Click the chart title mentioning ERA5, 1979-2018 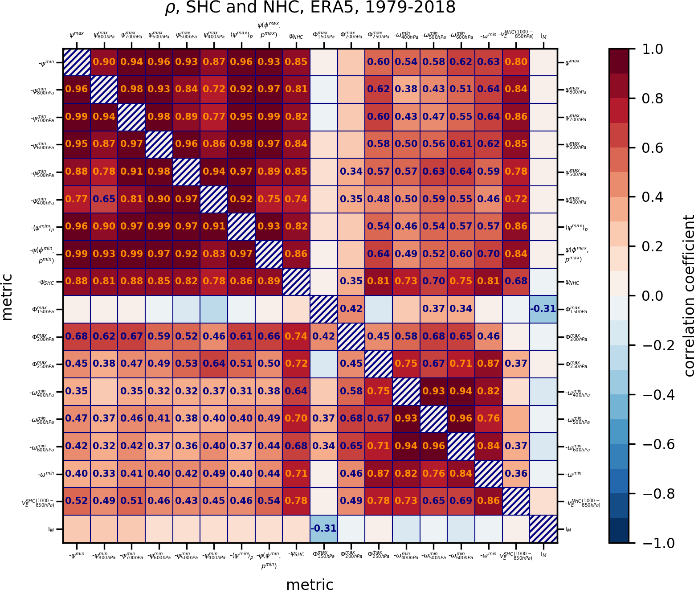click(x=310, y=8)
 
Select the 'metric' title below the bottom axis click(x=310, y=584)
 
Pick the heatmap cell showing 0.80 click(x=516, y=62)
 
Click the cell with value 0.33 click(x=104, y=473)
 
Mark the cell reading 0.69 click(x=461, y=500)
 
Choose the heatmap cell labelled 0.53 click(x=187, y=364)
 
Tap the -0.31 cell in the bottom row click(x=324, y=529)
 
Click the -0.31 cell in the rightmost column click(x=543, y=308)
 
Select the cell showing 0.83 click(x=214, y=254)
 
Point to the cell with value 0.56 click(x=434, y=144)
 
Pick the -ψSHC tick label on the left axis click(x=46, y=282)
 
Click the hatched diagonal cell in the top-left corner click(x=77, y=62)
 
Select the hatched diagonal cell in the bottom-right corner click(x=543, y=529)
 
